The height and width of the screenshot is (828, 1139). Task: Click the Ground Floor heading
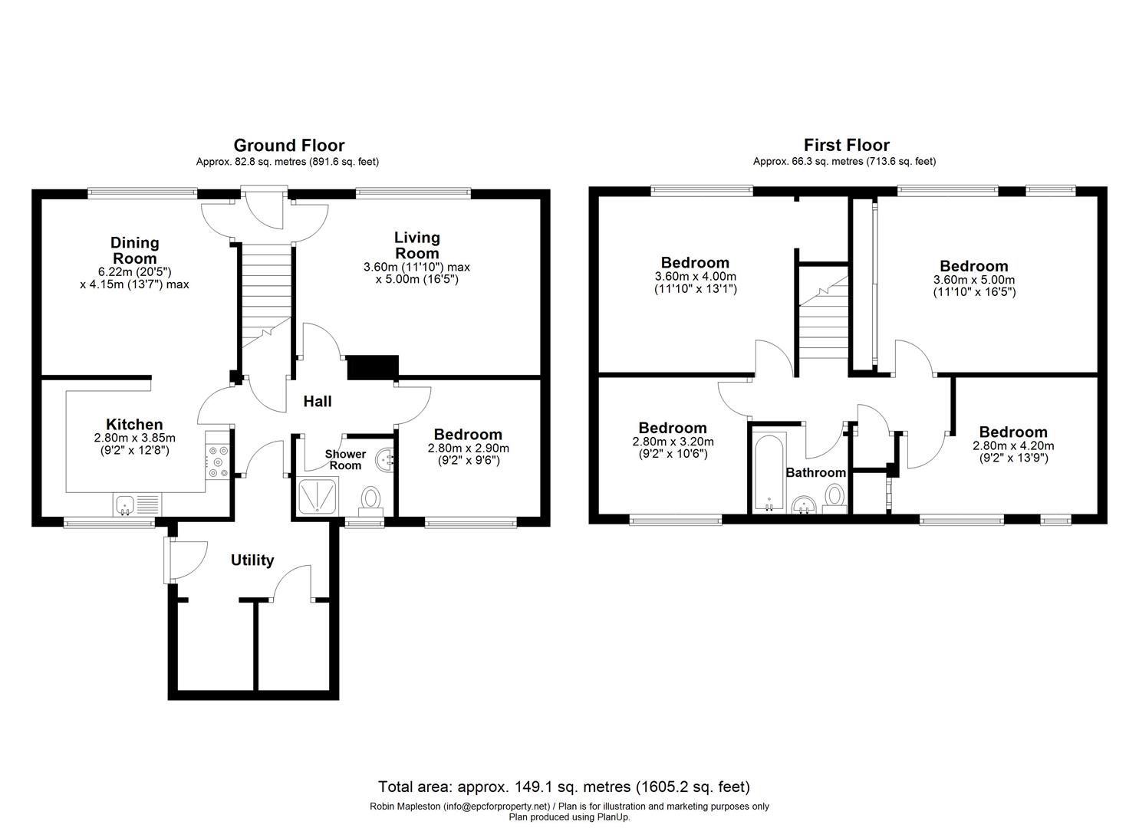coord(288,145)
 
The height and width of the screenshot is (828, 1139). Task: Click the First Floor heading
coord(846,145)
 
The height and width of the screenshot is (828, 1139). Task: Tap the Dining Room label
coord(134,250)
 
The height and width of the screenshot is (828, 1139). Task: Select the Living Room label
coord(416,245)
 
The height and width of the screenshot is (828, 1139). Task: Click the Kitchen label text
coord(134,424)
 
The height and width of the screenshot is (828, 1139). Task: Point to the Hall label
coord(317,401)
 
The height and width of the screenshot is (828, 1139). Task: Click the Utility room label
coord(252,560)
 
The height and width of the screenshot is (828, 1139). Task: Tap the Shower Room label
coord(345,460)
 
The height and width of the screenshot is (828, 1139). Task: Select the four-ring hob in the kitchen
coord(218,462)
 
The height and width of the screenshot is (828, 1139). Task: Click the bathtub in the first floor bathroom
coord(769,472)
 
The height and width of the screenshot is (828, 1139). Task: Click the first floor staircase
coord(823,322)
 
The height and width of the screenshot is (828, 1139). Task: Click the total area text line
coord(564,787)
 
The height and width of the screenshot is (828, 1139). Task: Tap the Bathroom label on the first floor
coord(815,473)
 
